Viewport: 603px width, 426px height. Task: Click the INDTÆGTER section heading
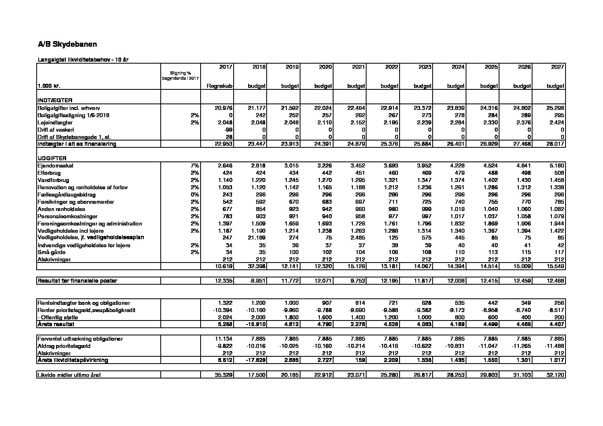tap(55, 100)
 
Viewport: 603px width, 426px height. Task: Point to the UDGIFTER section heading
tap(52, 158)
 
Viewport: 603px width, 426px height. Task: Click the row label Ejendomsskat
tap(56, 165)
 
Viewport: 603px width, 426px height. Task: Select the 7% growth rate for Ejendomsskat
tap(195, 165)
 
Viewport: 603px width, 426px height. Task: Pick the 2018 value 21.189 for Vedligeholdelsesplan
tap(257, 238)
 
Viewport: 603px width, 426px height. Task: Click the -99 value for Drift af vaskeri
tap(228, 130)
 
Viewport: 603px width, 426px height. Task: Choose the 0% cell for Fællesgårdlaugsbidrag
tap(195, 194)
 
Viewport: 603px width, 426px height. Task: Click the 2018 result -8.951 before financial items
tap(256, 281)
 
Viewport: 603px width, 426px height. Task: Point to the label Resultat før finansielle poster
tap(77, 281)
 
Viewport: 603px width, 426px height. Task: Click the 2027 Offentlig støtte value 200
tap(559, 317)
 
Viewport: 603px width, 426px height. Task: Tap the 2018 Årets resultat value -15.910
tap(255, 324)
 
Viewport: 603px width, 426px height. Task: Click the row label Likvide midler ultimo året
tap(69, 375)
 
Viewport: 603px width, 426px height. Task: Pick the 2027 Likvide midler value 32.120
tap(556, 375)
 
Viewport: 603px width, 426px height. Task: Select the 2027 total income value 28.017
tap(556, 144)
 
